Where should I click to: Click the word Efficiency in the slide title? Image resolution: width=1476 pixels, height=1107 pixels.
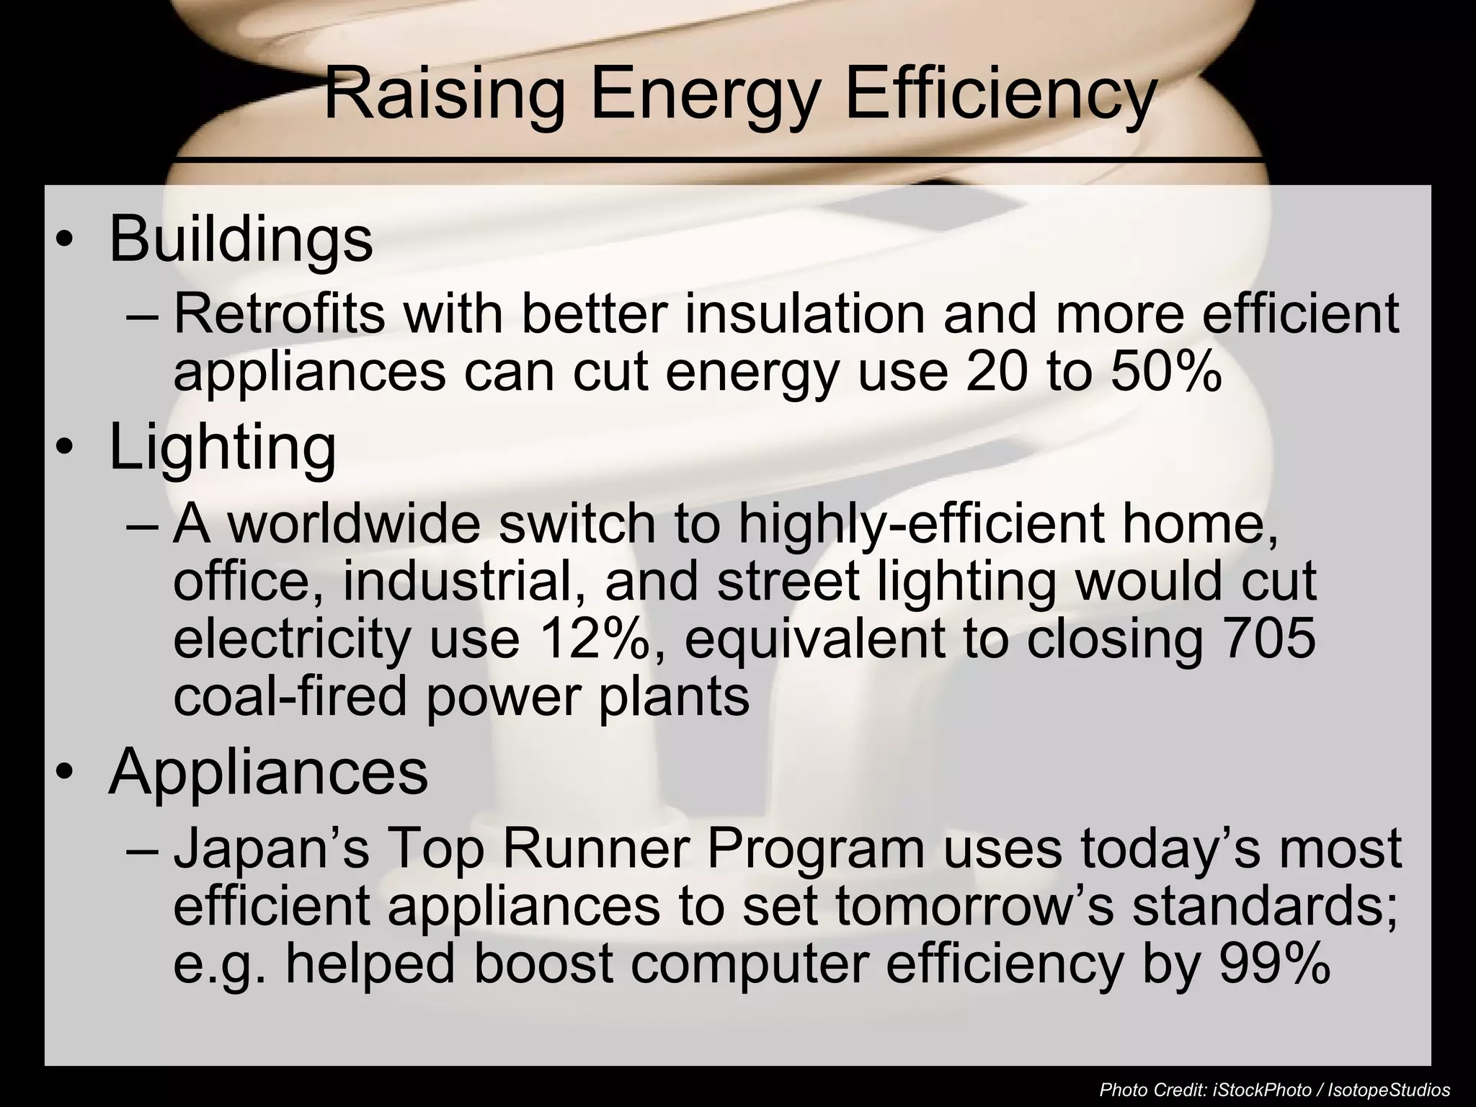point(1000,95)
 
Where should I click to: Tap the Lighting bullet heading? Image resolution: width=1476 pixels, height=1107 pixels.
point(222,448)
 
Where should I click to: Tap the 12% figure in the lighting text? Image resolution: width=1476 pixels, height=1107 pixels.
point(600,638)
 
